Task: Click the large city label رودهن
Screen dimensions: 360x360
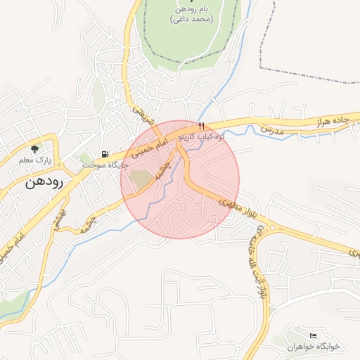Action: (x=44, y=182)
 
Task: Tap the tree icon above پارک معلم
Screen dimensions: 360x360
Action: (x=34, y=148)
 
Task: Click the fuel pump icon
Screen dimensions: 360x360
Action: (x=105, y=154)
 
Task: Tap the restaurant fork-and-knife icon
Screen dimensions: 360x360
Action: (x=201, y=127)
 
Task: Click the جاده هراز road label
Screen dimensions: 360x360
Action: (x=331, y=120)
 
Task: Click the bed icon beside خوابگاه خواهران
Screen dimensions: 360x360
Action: (x=313, y=336)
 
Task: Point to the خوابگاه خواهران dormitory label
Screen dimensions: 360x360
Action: (x=314, y=347)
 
